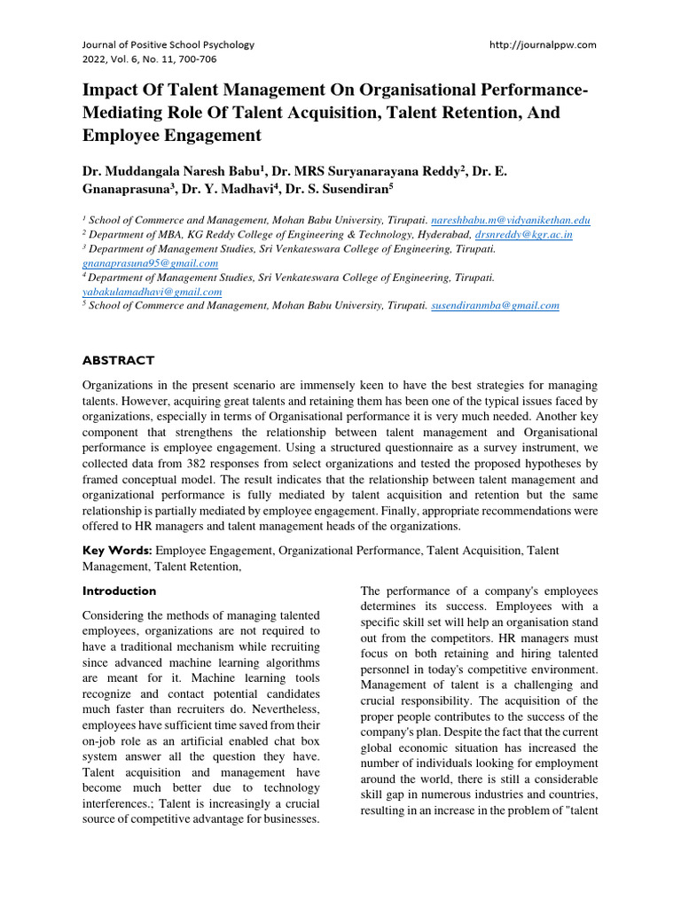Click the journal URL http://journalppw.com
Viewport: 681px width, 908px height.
pos(543,44)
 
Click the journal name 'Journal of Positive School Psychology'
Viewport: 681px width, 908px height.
pos(168,44)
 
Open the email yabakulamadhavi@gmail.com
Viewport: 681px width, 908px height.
pos(153,292)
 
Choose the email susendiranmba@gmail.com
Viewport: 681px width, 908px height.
pos(495,306)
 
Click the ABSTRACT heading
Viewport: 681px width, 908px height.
pos(118,361)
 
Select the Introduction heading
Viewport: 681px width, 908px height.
pos(119,591)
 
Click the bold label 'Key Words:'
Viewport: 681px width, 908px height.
pos(117,551)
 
